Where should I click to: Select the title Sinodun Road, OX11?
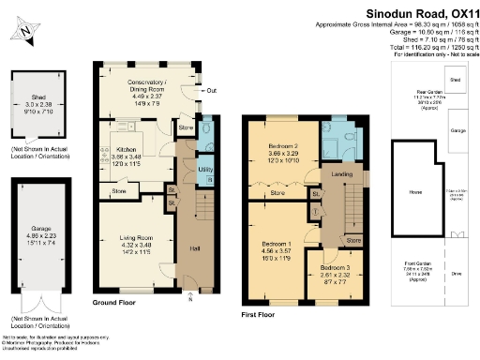(x=417, y=11)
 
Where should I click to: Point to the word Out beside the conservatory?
(x=211, y=90)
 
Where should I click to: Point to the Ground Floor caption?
(x=116, y=304)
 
